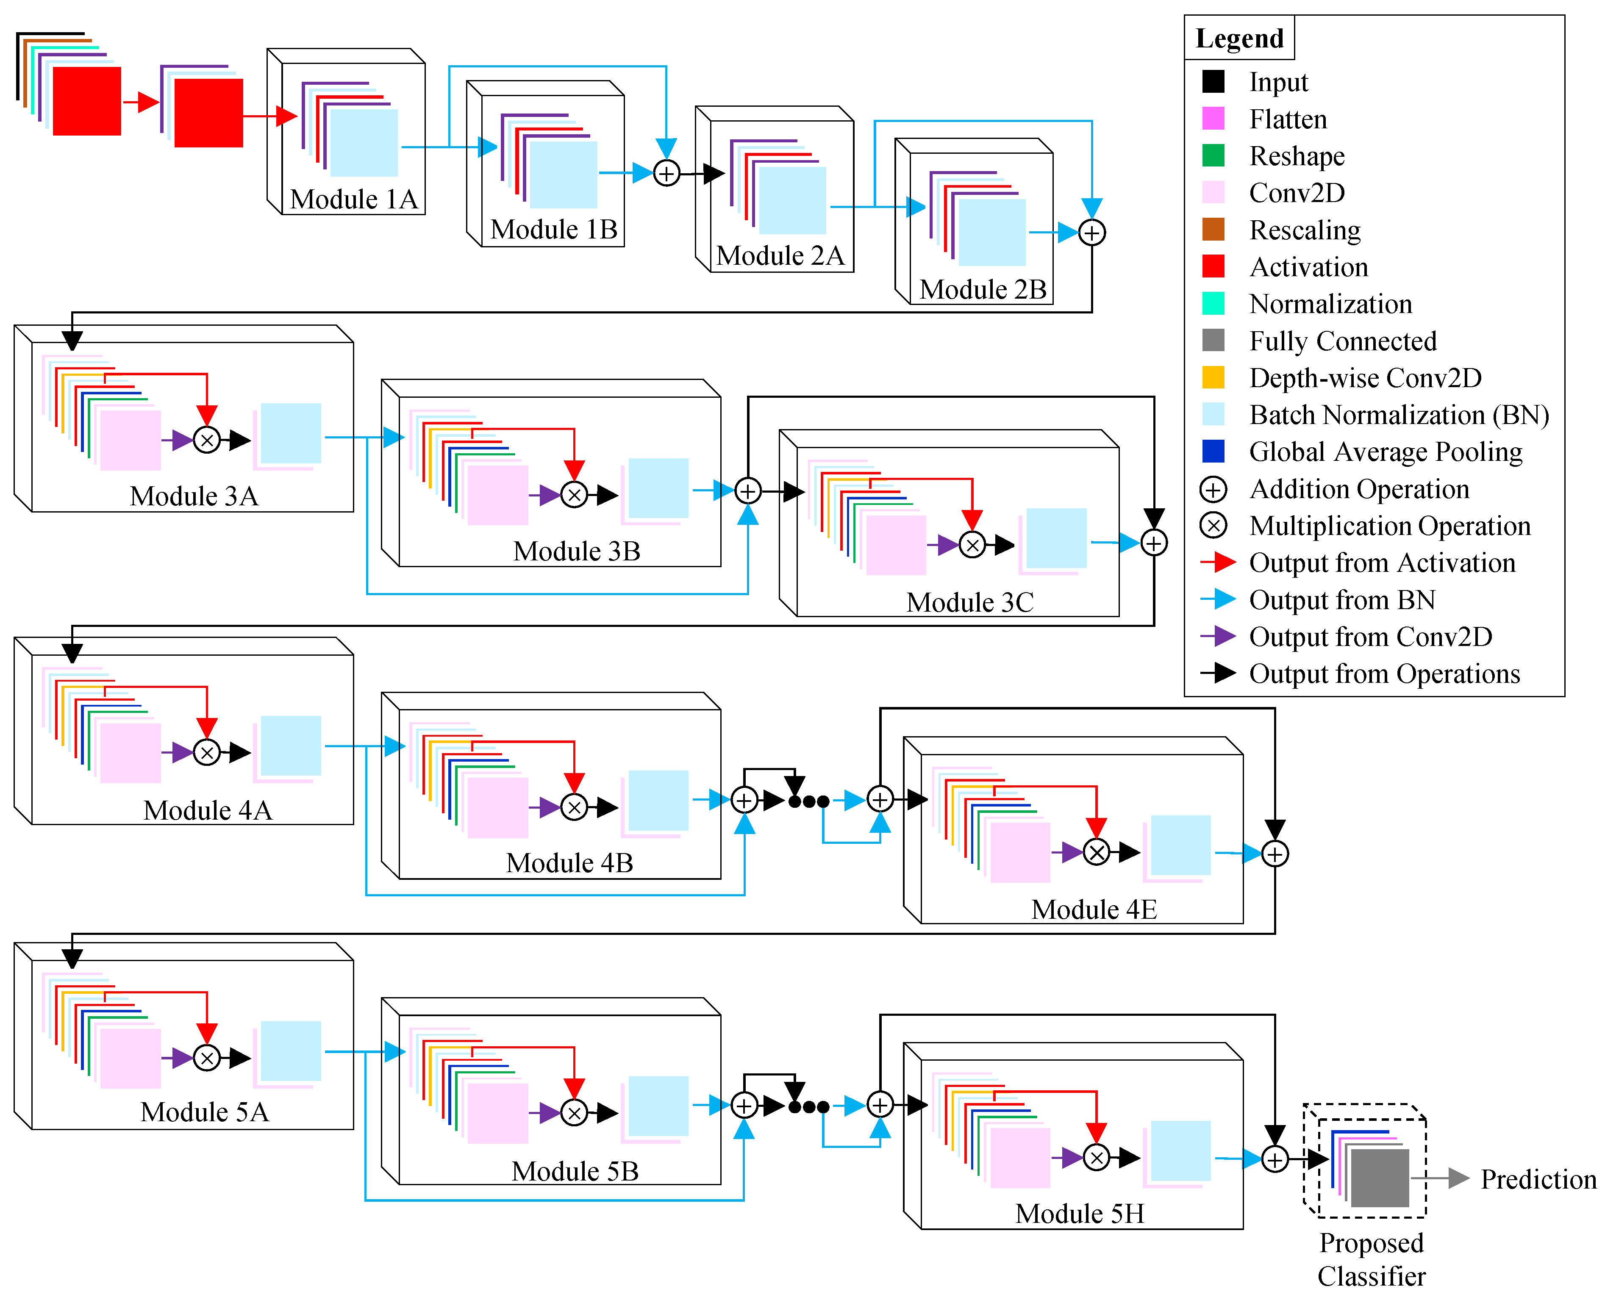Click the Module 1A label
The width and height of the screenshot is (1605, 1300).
(x=353, y=199)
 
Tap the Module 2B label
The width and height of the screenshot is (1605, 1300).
(x=983, y=289)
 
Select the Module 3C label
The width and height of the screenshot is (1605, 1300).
(x=970, y=602)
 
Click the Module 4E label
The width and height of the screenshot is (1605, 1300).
(x=1094, y=909)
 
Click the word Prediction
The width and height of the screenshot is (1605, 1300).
(x=1538, y=1179)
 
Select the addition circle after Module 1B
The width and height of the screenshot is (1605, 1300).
(x=666, y=174)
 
